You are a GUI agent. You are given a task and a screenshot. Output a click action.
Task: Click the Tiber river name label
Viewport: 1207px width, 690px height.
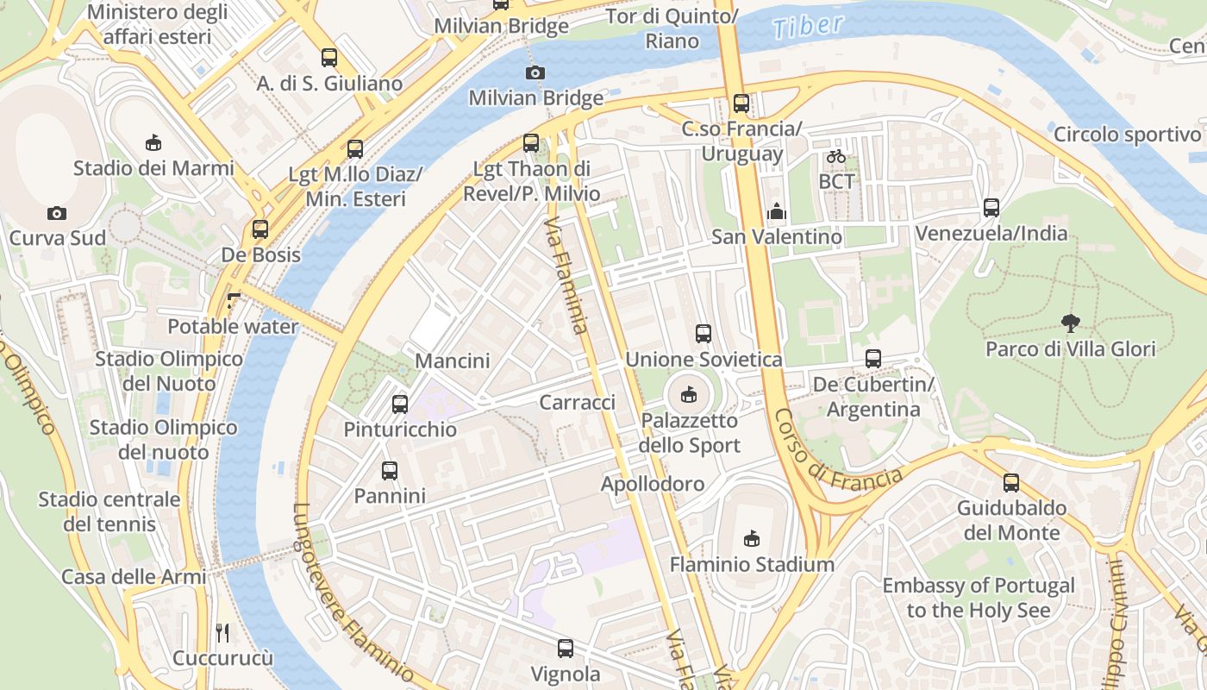808,26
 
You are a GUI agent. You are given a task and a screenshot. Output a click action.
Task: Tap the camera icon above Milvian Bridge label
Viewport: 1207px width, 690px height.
535,72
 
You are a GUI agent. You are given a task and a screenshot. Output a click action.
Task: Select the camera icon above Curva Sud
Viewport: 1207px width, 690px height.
57,213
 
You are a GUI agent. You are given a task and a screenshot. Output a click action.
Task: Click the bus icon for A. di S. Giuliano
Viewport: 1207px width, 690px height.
329,58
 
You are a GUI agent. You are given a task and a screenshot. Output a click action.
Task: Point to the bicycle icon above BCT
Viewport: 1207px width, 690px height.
835,157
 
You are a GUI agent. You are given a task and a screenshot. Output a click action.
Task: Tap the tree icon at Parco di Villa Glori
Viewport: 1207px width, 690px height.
1070,323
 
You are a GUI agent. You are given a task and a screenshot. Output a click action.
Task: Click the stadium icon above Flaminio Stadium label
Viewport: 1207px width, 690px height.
752,539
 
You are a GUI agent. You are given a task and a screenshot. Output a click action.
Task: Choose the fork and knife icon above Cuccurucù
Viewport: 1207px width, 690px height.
222,633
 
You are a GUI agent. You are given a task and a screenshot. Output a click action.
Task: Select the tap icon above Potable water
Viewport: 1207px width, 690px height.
233,301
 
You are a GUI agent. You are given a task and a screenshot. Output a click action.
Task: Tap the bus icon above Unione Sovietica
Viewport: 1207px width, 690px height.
704,334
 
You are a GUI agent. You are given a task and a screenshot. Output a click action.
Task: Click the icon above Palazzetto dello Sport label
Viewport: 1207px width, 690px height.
688,395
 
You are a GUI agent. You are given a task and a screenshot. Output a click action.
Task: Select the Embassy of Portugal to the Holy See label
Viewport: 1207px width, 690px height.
979,598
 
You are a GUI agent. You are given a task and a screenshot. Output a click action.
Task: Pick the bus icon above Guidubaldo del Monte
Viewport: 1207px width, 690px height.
1011,483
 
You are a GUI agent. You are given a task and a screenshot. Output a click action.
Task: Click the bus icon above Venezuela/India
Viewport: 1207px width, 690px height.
991,208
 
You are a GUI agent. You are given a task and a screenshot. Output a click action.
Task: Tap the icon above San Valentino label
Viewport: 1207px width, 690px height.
776,211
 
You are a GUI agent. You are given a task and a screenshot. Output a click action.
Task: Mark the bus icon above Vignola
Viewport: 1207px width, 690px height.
566,649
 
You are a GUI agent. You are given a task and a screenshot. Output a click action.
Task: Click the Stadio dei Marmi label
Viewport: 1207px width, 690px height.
153,167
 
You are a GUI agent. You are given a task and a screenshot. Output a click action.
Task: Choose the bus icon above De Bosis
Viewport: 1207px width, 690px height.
260,229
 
